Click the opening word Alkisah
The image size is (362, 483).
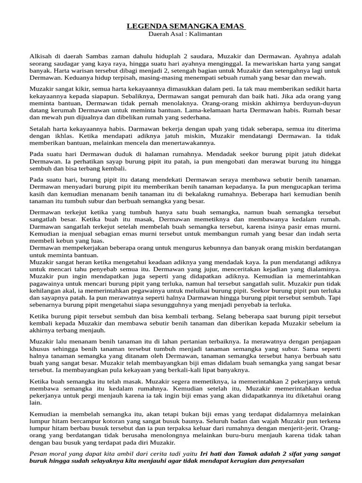point(41,56)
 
